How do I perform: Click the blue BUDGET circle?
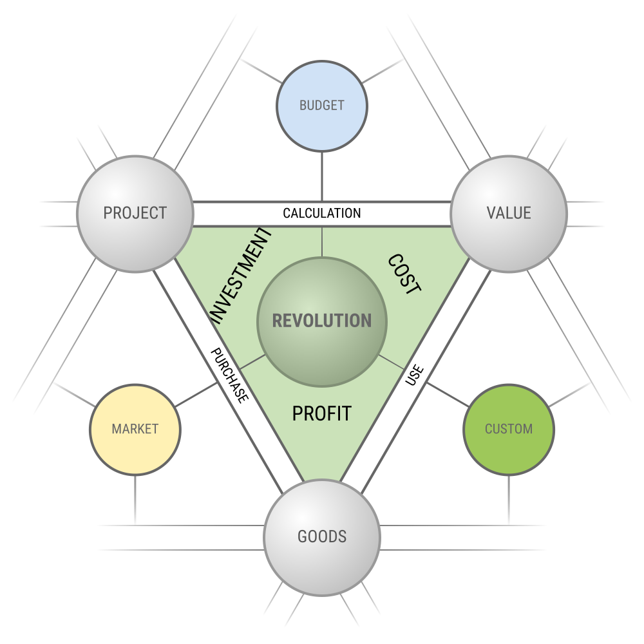coord(322,106)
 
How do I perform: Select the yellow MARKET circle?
coord(135,430)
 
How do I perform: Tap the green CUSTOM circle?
coord(509,430)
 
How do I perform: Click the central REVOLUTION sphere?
coord(322,322)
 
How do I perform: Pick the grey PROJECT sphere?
coord(135,214)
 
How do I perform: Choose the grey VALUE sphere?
coord(509,214)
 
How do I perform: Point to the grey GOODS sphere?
coord(322,538)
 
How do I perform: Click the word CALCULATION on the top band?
coord(322,213)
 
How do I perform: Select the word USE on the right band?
coord(414,375)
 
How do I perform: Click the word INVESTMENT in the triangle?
coord(241,276)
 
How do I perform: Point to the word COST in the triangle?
coord(404,274)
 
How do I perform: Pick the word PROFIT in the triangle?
coord(322,413)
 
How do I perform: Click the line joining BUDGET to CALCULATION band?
coord(322,177)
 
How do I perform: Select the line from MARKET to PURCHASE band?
coord(196,395)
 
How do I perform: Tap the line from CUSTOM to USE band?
coord(448,395)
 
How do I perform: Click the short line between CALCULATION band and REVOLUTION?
coord(322,241)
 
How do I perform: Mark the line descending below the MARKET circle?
coord(135,500)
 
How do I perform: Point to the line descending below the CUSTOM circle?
coord(509,500)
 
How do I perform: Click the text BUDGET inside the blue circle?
coord(322,106)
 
